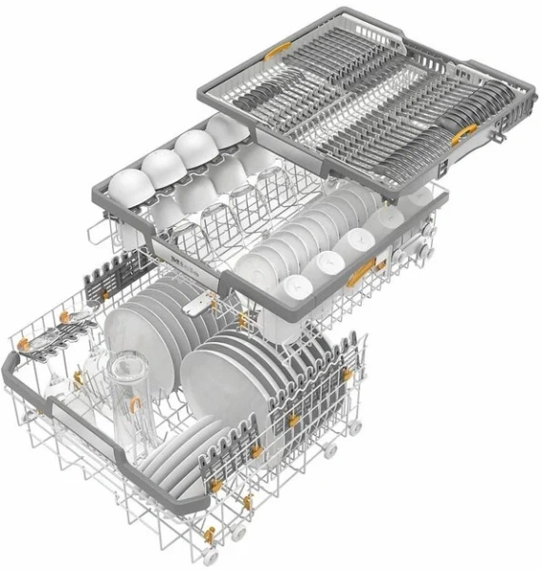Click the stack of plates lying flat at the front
(x=176, y=454)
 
